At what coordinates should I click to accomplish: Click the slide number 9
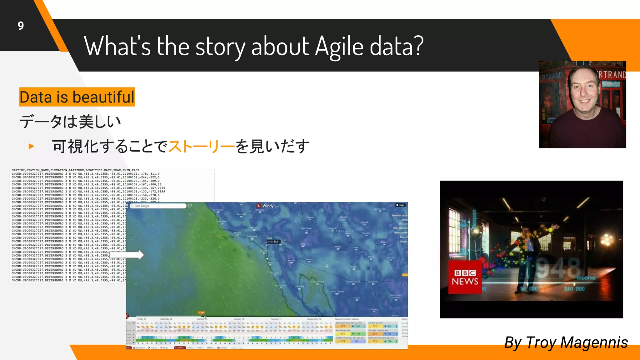(x=21, y=26)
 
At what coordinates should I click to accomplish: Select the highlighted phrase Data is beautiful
(x=77, y=97)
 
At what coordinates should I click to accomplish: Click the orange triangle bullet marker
(x=31, y=146)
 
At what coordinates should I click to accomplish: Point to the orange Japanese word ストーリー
(x=202, y=146)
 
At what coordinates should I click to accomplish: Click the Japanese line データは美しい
(x=70, y=122)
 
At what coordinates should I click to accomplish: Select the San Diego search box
(x=158, y=206)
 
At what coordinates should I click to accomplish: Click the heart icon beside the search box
(x=190, y=206)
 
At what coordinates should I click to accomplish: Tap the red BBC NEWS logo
(x=465, y=277)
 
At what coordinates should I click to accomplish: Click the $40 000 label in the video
(x=574, y=289)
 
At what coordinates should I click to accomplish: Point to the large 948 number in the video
(x=558, y=268)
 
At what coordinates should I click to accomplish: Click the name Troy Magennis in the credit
(x=577, y=342)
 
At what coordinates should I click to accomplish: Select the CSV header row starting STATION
(x=75, y=170)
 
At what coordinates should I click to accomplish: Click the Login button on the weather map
(x=400, y=205)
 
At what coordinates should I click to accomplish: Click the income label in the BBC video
(x=586, y=278)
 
